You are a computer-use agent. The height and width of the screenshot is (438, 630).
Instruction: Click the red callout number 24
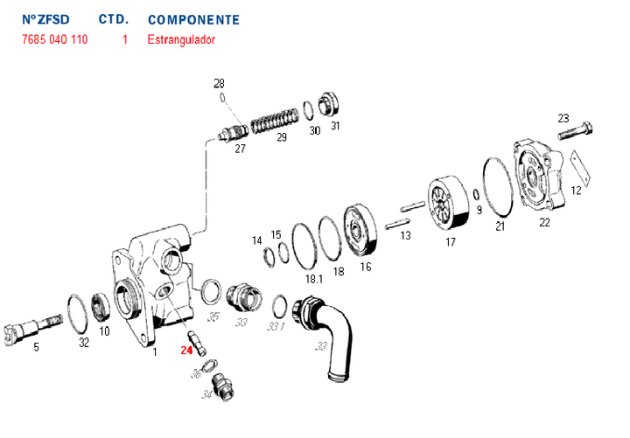pos(185,351)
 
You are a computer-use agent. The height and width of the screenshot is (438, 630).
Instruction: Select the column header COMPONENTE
pos(193,19)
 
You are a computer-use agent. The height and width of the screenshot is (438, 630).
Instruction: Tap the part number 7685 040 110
pos(53,40)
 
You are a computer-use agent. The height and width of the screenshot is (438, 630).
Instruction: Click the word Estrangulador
pos(181,40)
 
